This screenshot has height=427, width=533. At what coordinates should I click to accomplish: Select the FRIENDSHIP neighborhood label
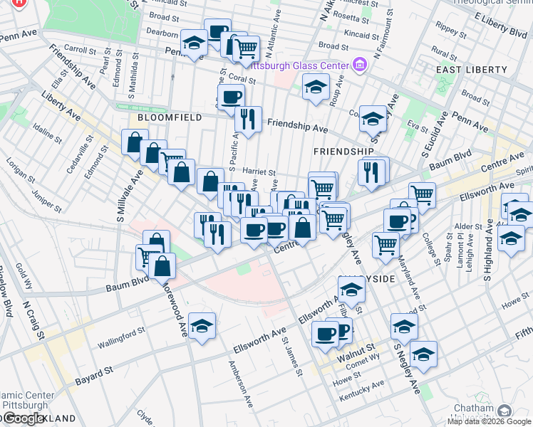(x=343, y=152)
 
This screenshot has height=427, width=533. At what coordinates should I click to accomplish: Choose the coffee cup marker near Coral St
(x=231, y=97)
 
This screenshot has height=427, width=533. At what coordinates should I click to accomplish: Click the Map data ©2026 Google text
(x=489, y=421)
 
